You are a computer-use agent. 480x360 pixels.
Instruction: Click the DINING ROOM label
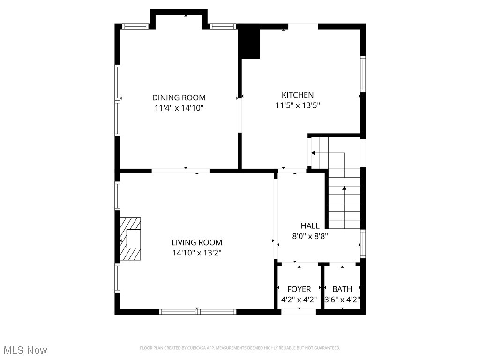click(179, 97)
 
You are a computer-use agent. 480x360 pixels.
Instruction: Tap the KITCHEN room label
click(297, 95)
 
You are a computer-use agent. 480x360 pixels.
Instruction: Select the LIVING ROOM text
click(196, 242)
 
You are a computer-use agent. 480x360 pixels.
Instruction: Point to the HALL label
click(310, 226)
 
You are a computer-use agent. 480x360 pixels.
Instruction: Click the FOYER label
click(299, 289)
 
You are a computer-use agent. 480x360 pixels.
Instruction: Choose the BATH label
click(342, 289)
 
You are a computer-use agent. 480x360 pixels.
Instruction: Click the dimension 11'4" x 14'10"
click(179, 108)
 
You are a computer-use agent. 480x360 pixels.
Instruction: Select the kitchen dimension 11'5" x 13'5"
click(297, 105)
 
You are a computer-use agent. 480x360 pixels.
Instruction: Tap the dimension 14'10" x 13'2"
click(196, 253)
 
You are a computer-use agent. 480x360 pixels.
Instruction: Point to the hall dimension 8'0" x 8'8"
click(310, 236)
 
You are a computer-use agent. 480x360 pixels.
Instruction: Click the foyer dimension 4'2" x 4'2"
click(299, 300)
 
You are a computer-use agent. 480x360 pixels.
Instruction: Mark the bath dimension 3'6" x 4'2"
click(342, 300)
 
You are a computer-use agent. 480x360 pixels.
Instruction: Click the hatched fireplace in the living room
click(130, 238)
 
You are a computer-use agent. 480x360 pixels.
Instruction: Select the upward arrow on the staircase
click(345, 188)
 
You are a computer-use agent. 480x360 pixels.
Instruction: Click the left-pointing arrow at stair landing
click(313, 153)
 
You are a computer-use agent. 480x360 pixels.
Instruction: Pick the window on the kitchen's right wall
click(363, 74)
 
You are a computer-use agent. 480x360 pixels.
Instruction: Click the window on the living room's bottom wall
click(197, 311)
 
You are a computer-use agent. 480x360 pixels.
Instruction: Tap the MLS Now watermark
click(25, 350)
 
